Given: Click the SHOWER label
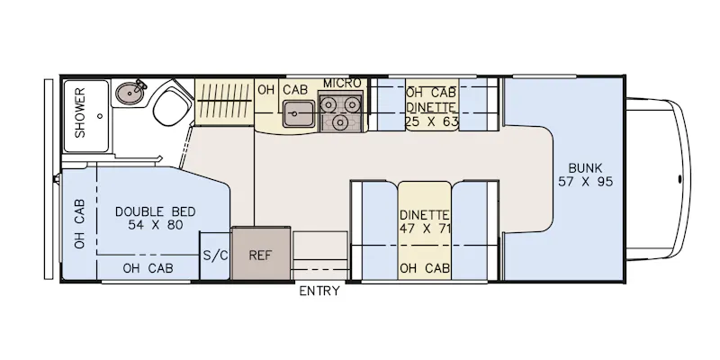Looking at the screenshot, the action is tap(80, 113).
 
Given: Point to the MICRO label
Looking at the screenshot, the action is tap(342, 83).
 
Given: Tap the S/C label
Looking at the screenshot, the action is tap(215, 256).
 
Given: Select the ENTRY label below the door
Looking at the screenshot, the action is tap(319, 291).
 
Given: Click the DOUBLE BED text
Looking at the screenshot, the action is tap(155, 211).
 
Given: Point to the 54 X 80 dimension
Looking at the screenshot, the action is tap(156, 225).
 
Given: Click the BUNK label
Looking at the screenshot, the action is tap(585, 168).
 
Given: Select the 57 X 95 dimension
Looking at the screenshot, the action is tap(586, 182).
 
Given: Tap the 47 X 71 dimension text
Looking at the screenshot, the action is tap(425, 229).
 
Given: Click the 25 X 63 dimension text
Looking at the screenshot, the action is tap(432, 122).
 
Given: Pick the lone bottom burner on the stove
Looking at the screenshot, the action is tap(340, 122).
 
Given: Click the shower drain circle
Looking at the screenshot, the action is tap(100, 116).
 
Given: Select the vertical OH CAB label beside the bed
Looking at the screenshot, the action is tap(80, 223).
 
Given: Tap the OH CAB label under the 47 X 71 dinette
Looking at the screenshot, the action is tap(425, 268).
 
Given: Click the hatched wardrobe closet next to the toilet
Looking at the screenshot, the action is tap(224, 102).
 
